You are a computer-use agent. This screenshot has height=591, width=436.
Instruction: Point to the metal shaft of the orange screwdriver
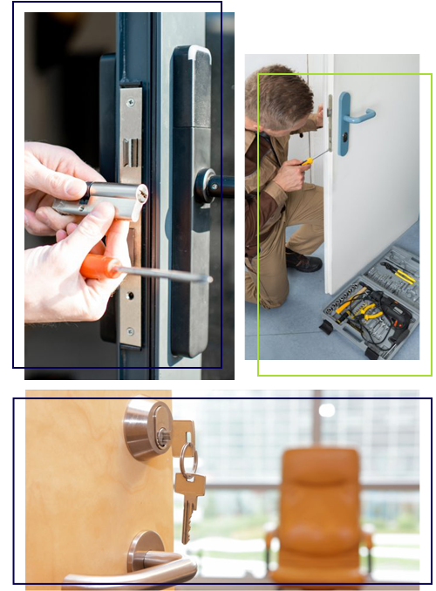coord(170,275)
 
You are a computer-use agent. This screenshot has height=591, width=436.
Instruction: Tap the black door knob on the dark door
coord(209,185)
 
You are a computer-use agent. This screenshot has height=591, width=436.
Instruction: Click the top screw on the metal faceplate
coord(130,102)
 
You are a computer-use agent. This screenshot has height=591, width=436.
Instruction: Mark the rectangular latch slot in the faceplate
coord(131,153)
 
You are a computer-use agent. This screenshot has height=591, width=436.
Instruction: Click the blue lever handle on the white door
coord(353,113)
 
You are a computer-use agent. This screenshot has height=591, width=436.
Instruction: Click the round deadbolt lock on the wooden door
coord(147,430)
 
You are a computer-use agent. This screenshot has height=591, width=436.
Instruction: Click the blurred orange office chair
coord(319,514)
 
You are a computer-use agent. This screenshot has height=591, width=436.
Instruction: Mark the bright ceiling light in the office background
coord(327,410)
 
